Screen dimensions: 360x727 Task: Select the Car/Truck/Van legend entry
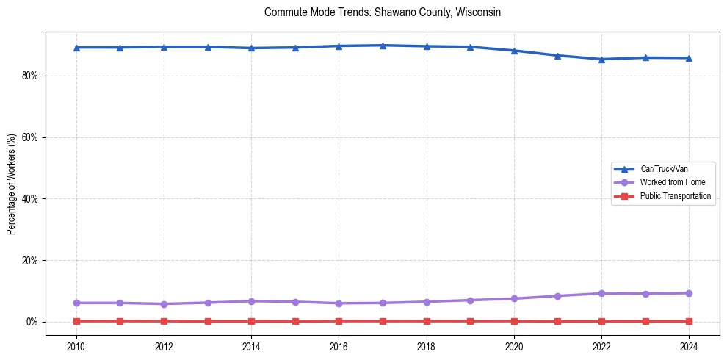click(x=664, y=169)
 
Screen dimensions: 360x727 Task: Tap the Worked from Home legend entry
click(x=669, y=182)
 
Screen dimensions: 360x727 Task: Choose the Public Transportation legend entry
click(x=675, y=196)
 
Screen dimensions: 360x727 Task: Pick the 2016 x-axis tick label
click(x=339, y=345)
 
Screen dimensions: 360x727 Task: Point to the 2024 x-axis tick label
click(x=689, y=345)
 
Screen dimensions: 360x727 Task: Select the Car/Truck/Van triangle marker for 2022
click(x=601, y=60)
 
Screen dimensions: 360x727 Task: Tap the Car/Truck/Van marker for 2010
click(x=76, y=48)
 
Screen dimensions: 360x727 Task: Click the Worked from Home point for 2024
click(x=689, y=293)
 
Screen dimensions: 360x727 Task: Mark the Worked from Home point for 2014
click(x=251, y=301)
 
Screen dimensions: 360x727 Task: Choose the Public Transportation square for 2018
click(x=426, y=321)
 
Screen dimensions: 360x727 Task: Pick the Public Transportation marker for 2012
click(x=164, y=321)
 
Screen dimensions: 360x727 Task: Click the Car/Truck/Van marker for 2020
click(x=514, y=51)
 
